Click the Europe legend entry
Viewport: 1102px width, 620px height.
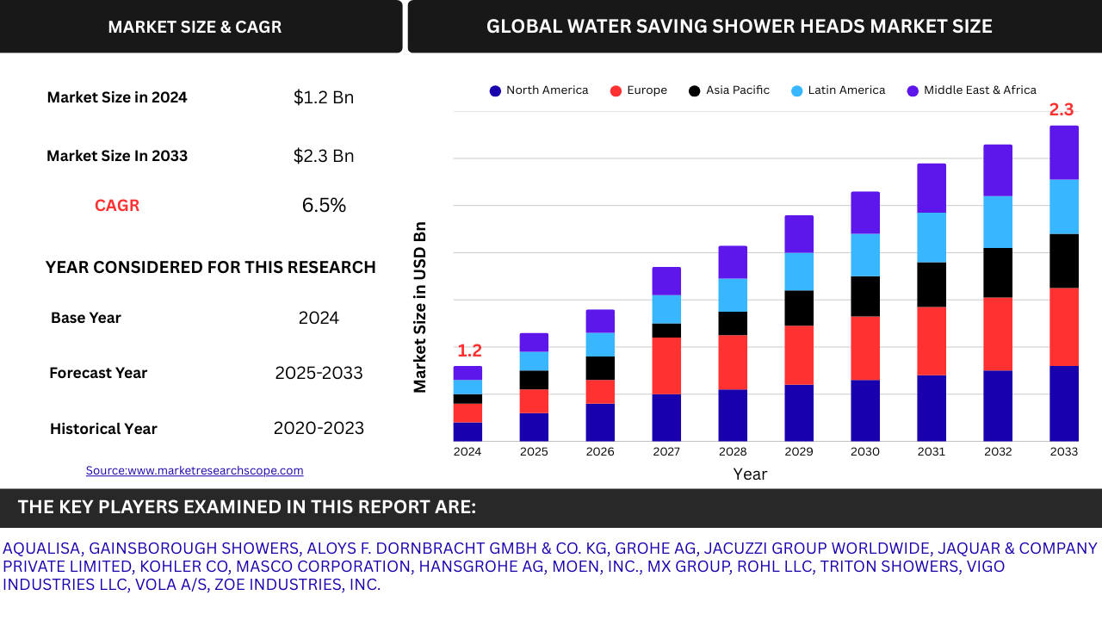[x=638, y=90]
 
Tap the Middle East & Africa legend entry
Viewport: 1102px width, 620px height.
[x=972, y=90]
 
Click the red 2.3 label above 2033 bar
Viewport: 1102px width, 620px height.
[x=1062, y=110]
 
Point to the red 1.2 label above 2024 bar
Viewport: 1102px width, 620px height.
[x=469, y=350]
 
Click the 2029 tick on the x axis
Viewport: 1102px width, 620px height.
[x=799, y=452]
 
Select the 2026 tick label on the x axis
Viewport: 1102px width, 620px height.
[x=600, y=452]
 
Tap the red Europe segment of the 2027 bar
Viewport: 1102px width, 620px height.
[x=666, y=365]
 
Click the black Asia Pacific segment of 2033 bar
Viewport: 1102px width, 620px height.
[x=1064, y=261]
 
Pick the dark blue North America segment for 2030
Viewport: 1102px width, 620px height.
[x=865, y=411]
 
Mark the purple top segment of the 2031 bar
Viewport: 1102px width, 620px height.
[x=932, y=188]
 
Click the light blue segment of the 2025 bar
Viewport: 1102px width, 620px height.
[x=534, y=361]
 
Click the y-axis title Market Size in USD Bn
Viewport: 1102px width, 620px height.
[x=420, y=307]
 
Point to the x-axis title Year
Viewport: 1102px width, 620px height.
[x=750, y=474]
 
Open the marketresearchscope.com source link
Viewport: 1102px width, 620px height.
[x=195, y=470]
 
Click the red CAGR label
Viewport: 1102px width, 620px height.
[x=117, y=206]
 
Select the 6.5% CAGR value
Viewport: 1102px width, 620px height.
[x=324, y=206]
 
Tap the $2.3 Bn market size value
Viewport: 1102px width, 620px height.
[x=324, y=156]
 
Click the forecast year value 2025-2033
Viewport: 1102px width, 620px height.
[x=319, y=373]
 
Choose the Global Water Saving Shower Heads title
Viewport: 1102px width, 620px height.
[x=739, y=27]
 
